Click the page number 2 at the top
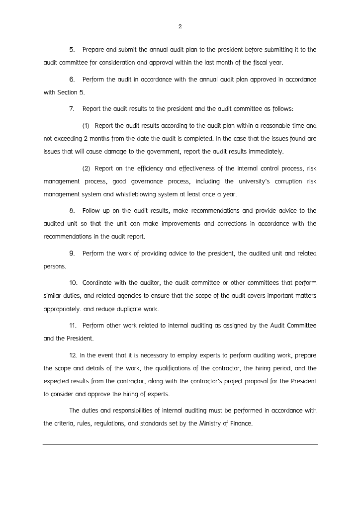[180, 26]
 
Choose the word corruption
[288, 181]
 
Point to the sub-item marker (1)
[86, 126]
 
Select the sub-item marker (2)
[86, 169]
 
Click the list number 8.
[72, 211]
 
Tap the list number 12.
[73, 355]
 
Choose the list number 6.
[72, 80]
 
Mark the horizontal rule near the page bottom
[180, 444]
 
